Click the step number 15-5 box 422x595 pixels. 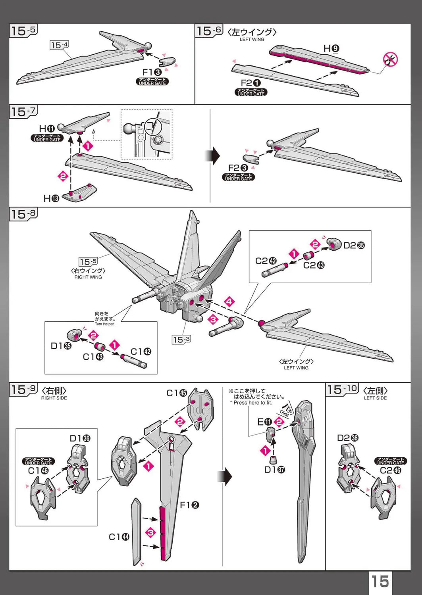click(23, 31)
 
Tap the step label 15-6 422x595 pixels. click(209, 31)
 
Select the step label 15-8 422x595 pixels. click(23, 214)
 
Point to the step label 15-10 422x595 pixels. click(342, 389)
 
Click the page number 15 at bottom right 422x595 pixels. click(380, 582)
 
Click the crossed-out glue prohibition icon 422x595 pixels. click(390, 59)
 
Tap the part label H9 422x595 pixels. click(331, 48)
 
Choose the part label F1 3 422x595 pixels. click(152, 72)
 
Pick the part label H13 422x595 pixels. click(51, 198)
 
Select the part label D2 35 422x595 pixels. click(354, 245)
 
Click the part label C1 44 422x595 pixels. click(119, 537)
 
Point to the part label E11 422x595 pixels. click(265, 422)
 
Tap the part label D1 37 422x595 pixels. click(274, 470)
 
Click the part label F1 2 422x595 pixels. click(189, 505)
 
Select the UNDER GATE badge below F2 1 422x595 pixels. click(251, 92)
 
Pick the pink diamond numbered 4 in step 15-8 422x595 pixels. click(229, 302)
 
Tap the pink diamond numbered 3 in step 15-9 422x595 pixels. click(150, 532)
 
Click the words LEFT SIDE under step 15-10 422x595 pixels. click(375, 398)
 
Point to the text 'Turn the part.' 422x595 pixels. click(105, 324)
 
